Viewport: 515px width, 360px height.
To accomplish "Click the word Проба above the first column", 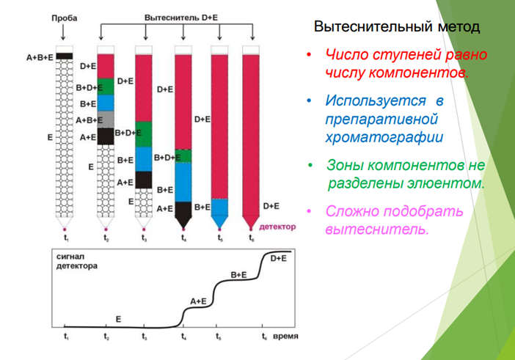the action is (x=65, y=18).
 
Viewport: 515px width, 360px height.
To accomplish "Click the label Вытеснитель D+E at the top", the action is (x=181, y=18).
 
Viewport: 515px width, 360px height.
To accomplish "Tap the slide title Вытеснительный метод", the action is (x=397, y=26).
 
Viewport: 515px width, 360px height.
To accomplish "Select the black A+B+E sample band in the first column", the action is (x=65, y=56).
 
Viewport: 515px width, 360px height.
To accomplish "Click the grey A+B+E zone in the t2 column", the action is (x=106, y=119).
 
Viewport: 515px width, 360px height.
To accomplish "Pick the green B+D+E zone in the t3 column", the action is (x=144, y=134).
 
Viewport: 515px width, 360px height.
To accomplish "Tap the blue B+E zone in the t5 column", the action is (x=219, y=207).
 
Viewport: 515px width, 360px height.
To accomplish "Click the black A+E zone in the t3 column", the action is (x=144, y=180).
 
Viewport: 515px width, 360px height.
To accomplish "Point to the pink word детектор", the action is (x=277, y=227).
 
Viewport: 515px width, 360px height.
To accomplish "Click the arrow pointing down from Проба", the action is (x=63, y=32).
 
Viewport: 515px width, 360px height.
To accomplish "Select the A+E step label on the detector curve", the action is (x=198, y=301).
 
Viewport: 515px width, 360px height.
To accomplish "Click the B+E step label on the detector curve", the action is (x=238, y=275).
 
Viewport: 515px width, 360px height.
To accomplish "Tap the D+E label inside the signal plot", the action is (x=279, y=259).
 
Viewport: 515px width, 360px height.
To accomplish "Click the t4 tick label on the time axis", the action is (x=184, y=337).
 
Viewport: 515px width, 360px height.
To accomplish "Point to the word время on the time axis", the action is (x=285, y=337).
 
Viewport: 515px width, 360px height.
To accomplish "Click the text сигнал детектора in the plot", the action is (x=77, y=261).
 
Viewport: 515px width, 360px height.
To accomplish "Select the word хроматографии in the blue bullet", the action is (x=384, y=137).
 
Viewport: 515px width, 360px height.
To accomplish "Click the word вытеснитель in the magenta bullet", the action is (x=377, y=229).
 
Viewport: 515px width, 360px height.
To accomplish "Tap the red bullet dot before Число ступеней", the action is (x=309, y=54).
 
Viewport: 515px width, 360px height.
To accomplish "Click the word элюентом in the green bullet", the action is (x=446, y=183).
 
